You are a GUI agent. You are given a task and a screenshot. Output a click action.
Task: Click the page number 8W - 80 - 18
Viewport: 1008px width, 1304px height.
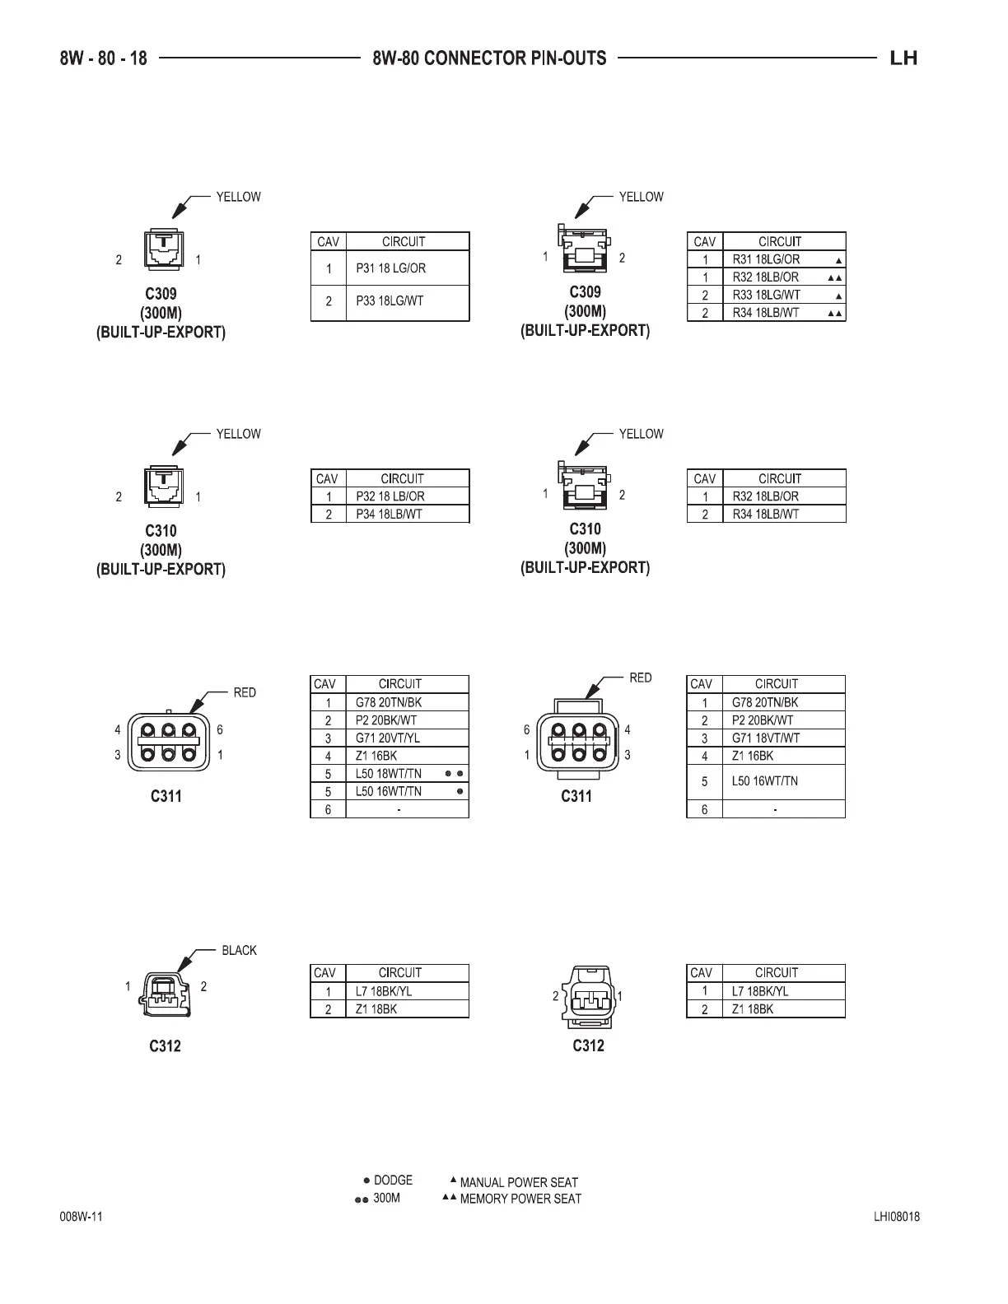(x=104, y=58)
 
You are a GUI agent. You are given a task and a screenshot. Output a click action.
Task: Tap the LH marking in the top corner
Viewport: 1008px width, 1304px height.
(x=903, y=58)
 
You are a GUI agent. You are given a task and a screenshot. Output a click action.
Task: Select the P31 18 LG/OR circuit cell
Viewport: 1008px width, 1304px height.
(x=390, y=268)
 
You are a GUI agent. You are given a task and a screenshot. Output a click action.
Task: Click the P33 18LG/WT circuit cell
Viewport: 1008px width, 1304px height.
(x=390, y=301)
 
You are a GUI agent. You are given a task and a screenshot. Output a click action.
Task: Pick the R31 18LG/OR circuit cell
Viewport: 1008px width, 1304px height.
(x=766, y=259)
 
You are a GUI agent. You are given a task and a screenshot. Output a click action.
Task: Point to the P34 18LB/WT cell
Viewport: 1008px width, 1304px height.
(x=389, y=515)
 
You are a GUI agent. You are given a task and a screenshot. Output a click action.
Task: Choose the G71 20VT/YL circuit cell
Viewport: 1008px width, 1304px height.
(x=388, y=738)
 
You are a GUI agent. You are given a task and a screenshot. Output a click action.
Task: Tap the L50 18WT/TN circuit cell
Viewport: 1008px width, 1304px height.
(x=389, y=774)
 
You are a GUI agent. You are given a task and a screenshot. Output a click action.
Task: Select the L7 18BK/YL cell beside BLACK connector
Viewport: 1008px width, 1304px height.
(x=384, y=992)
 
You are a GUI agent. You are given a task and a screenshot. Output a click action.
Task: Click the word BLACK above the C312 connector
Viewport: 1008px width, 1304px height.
(x=239, y=951)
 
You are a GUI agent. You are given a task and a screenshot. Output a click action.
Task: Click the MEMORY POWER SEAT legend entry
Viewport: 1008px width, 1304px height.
(x=520, y=1199)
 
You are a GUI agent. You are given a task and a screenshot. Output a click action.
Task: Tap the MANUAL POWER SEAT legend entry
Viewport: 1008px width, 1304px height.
(x=518, y=1183)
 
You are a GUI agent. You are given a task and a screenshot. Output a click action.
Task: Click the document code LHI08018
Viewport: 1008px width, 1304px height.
(x=897, y=1218)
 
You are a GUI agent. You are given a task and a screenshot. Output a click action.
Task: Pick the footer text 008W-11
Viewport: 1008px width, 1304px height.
(x=81, y=1218)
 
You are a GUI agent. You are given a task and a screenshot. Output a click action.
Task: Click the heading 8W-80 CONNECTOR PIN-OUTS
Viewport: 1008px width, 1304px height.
(x=489, y=58)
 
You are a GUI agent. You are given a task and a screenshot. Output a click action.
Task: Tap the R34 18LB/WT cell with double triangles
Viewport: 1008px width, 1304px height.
(x=766, y=313)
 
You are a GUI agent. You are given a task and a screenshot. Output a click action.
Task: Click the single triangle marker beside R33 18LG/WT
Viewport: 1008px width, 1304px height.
(x=838, y=296)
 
